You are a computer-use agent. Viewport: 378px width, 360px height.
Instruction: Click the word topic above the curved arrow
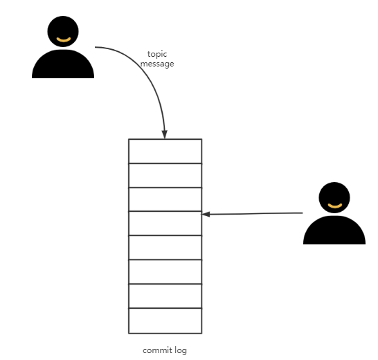[x=157, y=54]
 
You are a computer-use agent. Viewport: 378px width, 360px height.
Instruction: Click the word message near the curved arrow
[x=157, y=64]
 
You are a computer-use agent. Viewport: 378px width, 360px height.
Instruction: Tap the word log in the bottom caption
[x=180, y=350]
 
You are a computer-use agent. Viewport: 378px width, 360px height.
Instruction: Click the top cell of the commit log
[x=165, y=151]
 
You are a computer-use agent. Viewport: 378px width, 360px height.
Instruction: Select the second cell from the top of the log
[x=165, y=175]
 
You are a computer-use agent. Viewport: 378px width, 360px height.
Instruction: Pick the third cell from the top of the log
[x=165, y=199]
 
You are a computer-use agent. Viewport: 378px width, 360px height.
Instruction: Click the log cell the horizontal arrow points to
[x=165, y=224]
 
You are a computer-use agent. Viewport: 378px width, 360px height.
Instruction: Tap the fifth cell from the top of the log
[x=165, y=248]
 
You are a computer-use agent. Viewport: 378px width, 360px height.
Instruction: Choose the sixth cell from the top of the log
[x=165, y=272]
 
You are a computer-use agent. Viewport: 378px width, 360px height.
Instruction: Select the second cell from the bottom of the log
[x=165, y=296]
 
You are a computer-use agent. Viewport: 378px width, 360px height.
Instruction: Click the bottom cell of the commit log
[x=165, y=321]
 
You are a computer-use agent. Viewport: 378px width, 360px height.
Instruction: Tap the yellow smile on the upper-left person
[x=63, y=40]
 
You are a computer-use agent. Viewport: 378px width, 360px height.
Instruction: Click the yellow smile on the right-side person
[x=334, y=206]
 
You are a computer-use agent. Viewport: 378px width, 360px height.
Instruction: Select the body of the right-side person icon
[x=334, y=232]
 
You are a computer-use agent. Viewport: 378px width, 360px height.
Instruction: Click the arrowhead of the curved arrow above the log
[x=165, y=134]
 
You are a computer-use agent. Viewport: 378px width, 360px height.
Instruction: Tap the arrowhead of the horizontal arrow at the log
[x=206, y=214]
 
